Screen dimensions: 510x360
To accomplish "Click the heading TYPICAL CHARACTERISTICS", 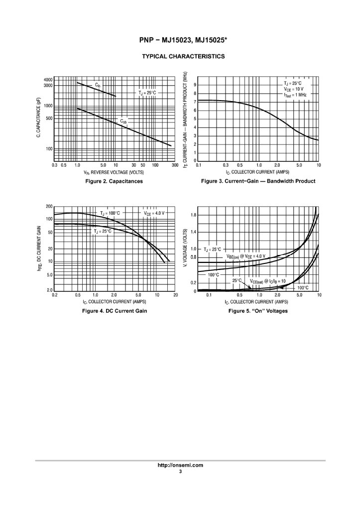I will coord(180,57).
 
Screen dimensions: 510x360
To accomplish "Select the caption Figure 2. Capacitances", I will coord(114,181).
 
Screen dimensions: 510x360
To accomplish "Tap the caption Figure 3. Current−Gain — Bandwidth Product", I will coord(258,181).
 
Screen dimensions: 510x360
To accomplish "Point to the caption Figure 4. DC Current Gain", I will coord(114,311).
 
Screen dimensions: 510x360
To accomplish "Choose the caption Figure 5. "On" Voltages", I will coord(258,311).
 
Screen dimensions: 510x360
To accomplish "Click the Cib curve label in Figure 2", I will coord(98,85).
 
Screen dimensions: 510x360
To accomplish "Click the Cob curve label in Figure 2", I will coord(123,121).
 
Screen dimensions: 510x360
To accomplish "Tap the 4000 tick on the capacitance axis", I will coord(48,80).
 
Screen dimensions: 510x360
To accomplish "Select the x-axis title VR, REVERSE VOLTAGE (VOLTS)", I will coord(114,172).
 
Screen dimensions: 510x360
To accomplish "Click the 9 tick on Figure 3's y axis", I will coord(195,85).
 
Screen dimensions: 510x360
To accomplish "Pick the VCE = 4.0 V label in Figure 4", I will coord(154,213).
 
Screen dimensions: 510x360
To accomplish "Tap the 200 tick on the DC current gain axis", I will coord(49,206).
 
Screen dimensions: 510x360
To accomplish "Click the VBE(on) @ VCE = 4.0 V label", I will coord(246,256).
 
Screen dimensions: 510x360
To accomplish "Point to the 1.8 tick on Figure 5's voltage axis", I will coord(193,215).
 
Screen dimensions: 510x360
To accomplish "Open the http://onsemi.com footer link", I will coord(180,465).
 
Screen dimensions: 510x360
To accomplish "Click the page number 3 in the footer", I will coord(180,471).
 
